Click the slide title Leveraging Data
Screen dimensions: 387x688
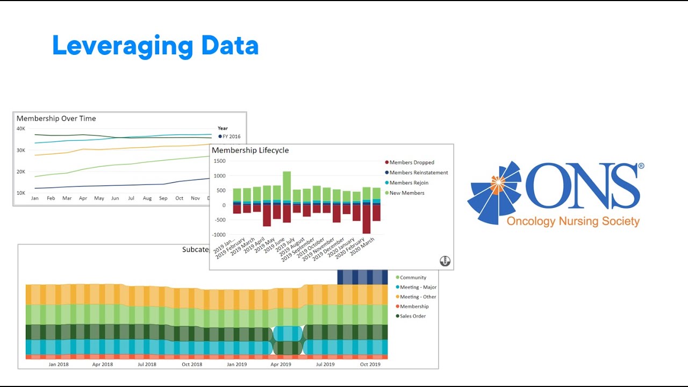click(x=155, y=46)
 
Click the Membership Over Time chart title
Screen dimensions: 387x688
click(x=56, y=119)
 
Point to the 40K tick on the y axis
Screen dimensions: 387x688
click(x=21, y=129)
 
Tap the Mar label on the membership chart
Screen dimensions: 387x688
click(x=67, y=198)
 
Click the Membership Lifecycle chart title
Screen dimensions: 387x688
click(x=250, y=150)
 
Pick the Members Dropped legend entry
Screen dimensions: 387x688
click(x=411, y=162)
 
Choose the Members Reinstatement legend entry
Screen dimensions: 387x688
click(x=418, y=173)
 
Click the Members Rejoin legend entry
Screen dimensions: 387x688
click(x=408, y=183)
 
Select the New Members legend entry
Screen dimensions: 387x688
click(x=406, y=193)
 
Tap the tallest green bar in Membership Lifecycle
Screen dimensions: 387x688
click(x=287, y=185)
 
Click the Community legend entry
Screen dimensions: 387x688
click(x=412, y=277)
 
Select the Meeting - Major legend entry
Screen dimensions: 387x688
click(x=418, y=287)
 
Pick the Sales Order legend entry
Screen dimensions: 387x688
click(x=412, y=316)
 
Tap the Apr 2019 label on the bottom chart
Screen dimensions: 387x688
click(x=281, y=364)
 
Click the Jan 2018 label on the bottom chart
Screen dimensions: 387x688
click(x=59, y=364)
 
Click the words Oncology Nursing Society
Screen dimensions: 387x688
click(x=573, y=221)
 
